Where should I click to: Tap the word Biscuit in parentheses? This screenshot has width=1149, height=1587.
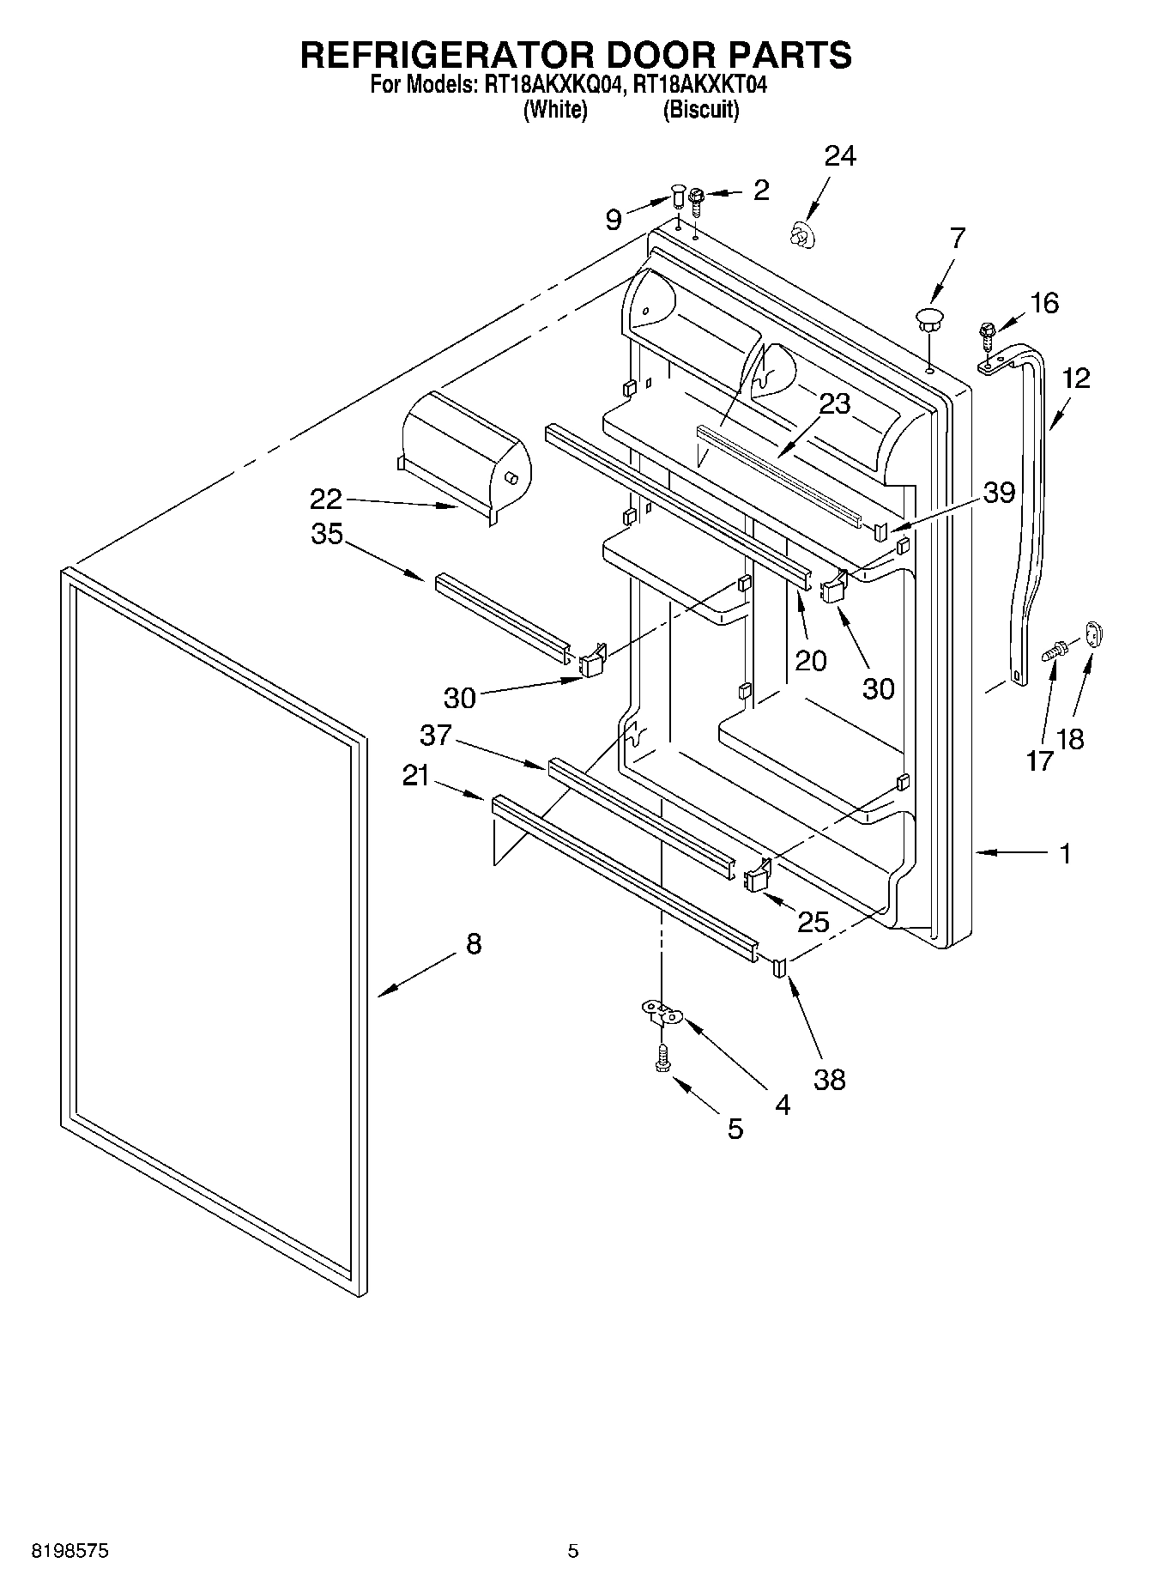point(700,110)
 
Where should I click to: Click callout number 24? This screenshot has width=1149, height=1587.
point(840,156)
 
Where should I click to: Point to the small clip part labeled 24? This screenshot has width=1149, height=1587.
point(801,233)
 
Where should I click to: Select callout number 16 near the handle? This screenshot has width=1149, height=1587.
point(1044,302)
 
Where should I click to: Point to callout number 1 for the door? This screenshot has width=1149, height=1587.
point(1065,853)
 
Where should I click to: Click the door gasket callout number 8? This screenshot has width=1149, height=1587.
point(474,944)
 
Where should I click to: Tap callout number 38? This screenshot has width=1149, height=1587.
point(830,1079)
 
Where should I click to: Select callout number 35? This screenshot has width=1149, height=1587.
point(327,534)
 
